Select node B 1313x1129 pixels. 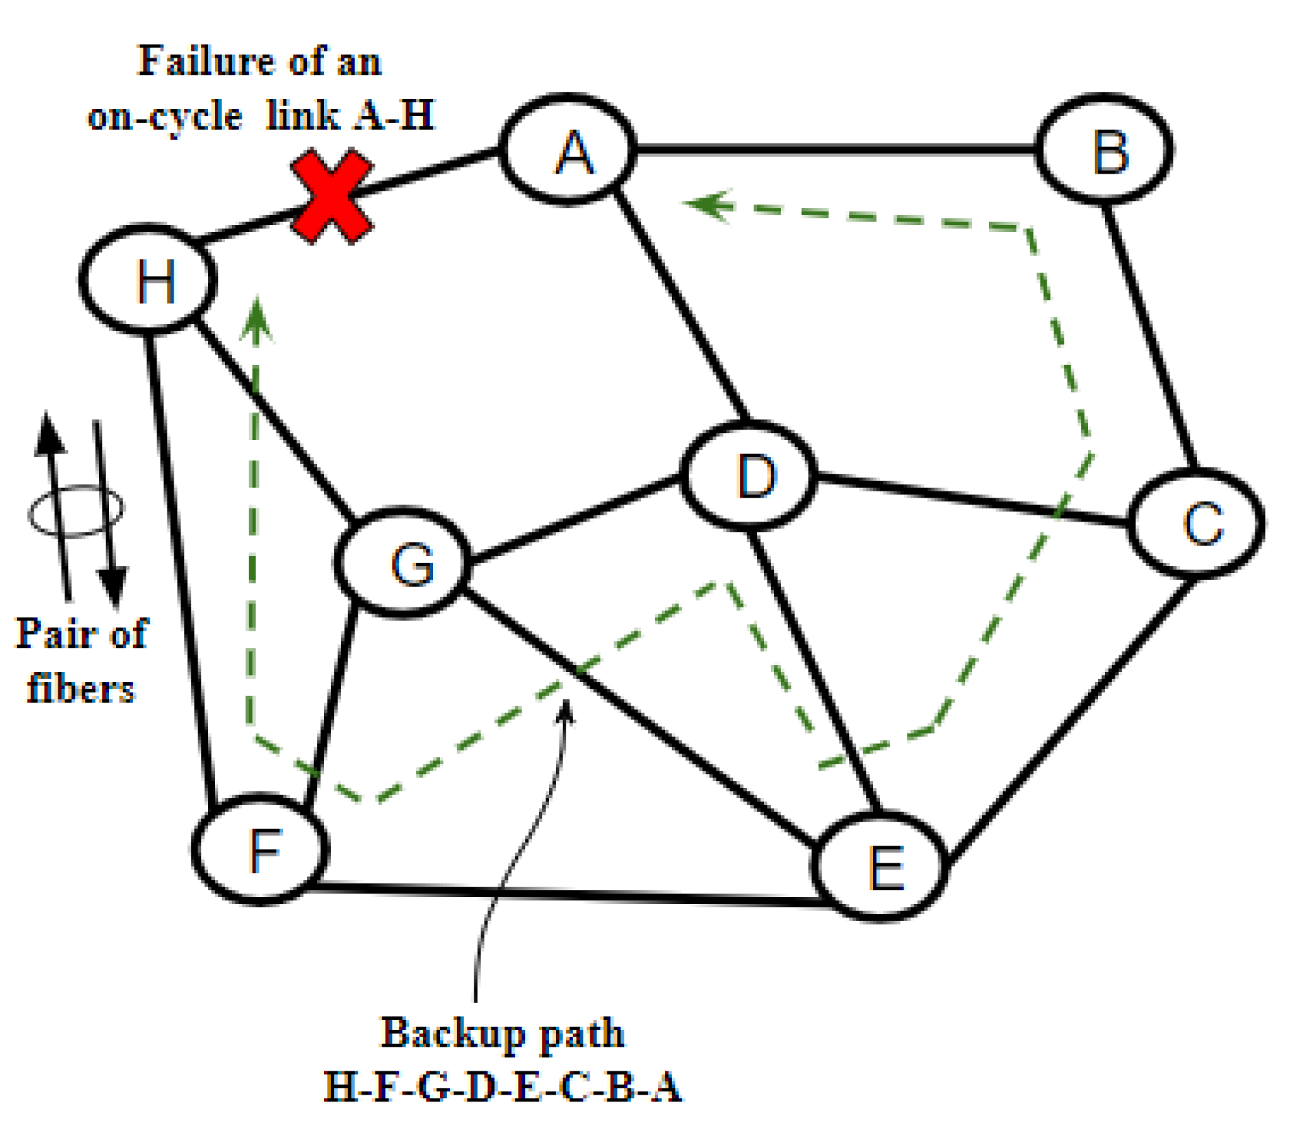pos(1104,150)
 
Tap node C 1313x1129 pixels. pos(1196,524)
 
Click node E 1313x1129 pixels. pos(881,866)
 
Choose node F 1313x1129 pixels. pos(260,850)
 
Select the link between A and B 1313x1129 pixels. pos(834,148)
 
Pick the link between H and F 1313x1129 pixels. pos(181,563)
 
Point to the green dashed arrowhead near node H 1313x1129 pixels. pos(257,319)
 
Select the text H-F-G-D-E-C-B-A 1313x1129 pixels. pos(502,1086)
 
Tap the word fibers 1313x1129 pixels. pos(81,688)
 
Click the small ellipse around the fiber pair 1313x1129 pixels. pos(75,510)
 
